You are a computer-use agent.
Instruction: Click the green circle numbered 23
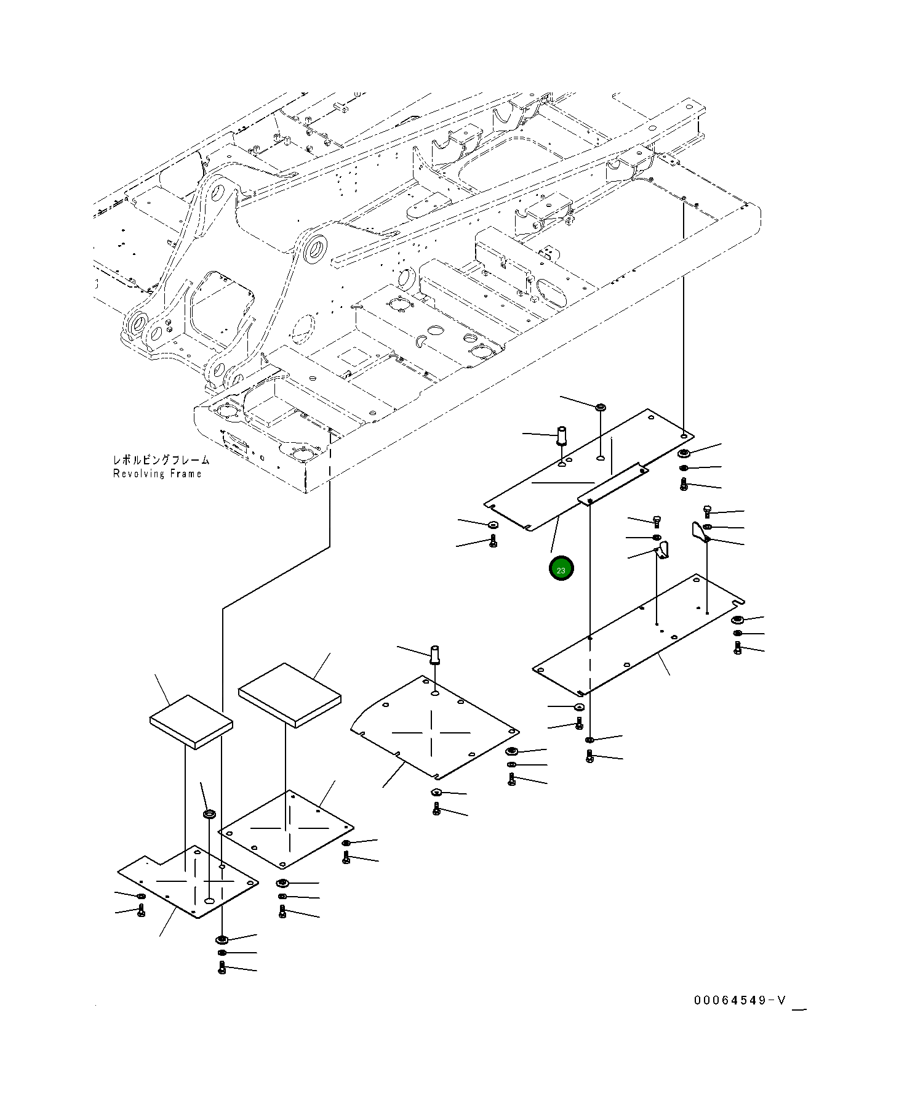(561, 568)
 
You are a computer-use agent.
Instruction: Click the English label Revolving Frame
(157, 474)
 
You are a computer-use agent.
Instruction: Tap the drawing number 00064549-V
(740, 1000)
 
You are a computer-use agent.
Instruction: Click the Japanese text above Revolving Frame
(161, 460)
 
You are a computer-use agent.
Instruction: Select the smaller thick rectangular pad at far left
(191, 722)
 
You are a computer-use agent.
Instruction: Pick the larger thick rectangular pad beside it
(289, 694)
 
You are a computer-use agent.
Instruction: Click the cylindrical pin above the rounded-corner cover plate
(436, 653)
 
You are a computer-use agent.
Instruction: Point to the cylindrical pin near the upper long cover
(562, 435)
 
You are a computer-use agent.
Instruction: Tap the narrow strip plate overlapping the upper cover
(613, 484)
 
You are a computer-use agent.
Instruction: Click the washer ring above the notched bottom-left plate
(209, 815)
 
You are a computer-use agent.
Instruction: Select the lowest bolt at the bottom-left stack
(222, 969)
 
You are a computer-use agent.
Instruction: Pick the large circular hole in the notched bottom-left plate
(210, 901)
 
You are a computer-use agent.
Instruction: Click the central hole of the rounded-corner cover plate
(435, 694)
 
